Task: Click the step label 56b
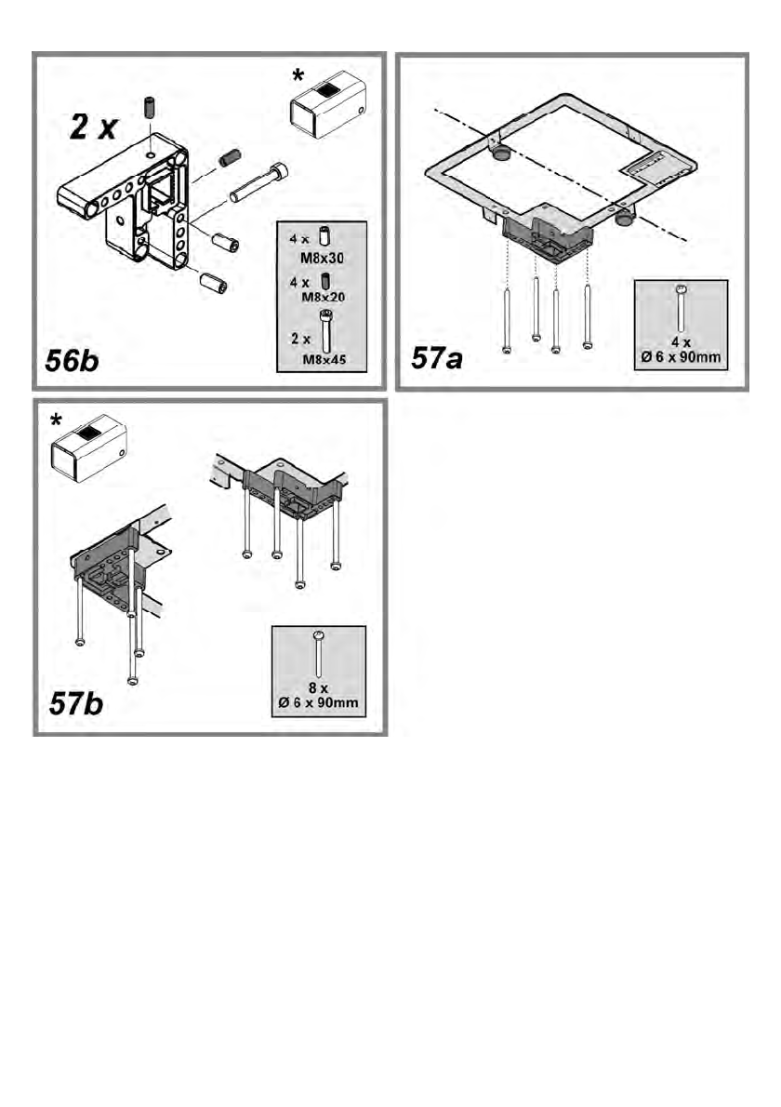(x=73, y=360)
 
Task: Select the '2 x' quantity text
(x=93, y=128)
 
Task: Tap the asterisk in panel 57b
(x=58, y=421)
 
